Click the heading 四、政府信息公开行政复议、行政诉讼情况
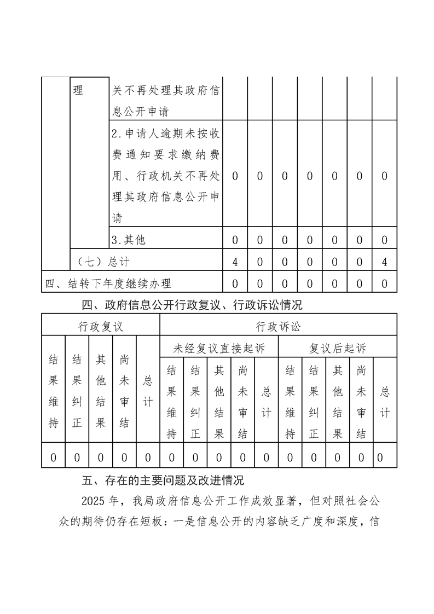[x=192, y=304]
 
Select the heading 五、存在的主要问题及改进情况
[x=163, y=481]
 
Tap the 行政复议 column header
[x=101, y=327]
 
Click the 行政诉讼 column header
[x=278, y=327]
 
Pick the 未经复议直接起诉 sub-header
[x=219, y=347]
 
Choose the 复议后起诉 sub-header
[x=338, y=347]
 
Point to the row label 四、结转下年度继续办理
[x=108, y=283]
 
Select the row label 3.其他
[x=129, y=240]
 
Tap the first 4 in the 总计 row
[x=235, y=262]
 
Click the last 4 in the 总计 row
[x=385, y=262]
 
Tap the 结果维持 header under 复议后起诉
[x=290, y=402]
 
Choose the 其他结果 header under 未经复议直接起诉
[x=219, y=402]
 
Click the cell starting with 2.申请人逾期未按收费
[x=166, y=176]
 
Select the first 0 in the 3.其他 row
[x=235, y=240]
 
